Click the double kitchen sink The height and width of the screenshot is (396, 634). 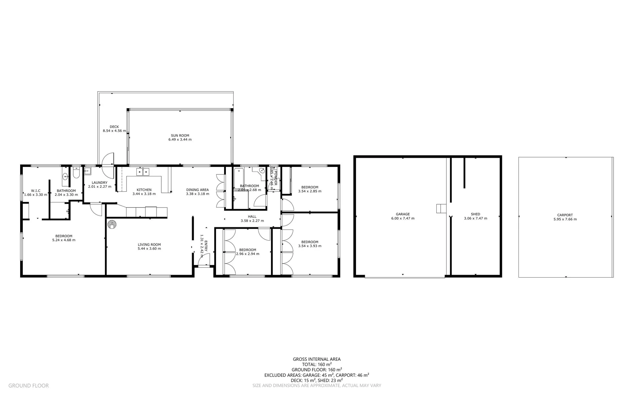143,172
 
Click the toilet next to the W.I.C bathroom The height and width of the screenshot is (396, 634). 76,173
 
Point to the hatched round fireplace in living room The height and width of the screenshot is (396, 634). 112,224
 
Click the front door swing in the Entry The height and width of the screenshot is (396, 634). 201,261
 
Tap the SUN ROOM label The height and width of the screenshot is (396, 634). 180,135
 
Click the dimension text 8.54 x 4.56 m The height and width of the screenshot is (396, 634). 114,131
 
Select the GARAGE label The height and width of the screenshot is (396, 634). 403,214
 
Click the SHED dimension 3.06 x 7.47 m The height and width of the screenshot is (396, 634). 475,219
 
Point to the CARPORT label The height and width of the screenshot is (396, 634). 565,215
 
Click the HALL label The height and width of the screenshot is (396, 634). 252,216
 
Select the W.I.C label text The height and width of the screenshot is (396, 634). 36,191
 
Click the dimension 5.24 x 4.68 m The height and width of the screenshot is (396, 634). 64,240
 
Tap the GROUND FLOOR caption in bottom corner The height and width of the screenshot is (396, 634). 28,385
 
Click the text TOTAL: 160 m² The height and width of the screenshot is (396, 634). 316,364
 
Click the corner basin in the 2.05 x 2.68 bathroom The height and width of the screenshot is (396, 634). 262,171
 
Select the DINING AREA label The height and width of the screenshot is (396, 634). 197,190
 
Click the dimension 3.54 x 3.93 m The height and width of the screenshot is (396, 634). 309,246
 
